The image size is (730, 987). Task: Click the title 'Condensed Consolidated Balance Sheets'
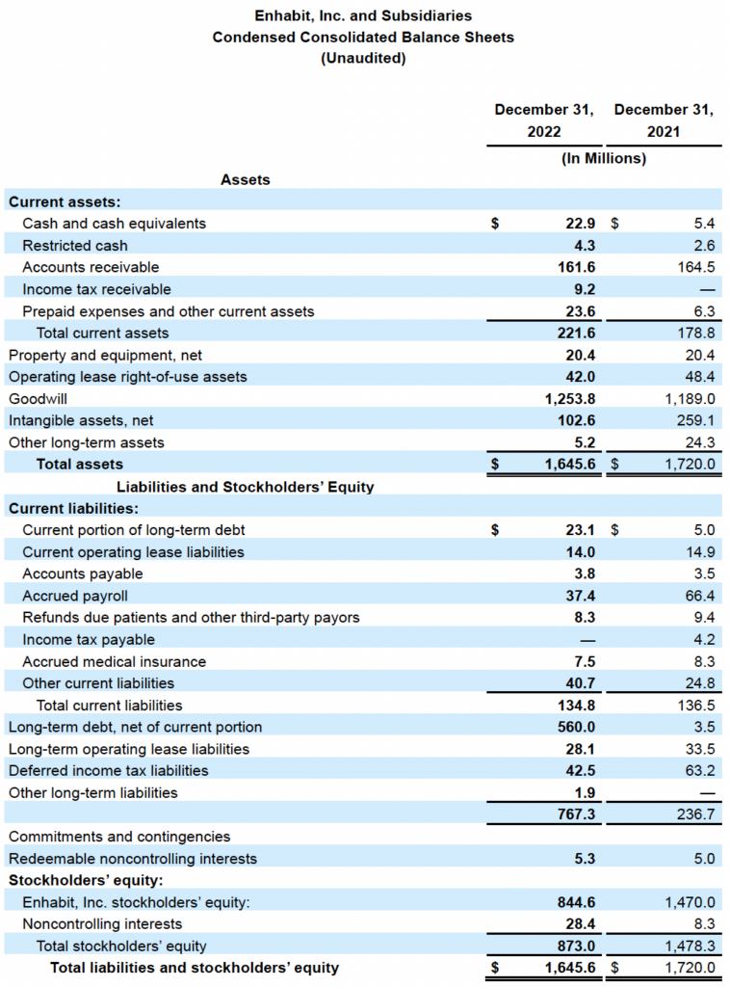(x=363, y=38)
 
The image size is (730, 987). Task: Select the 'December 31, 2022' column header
(x=544, y=120)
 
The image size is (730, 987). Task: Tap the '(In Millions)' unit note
(x=604, y=158)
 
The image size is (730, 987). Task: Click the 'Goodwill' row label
(x=38, y=398)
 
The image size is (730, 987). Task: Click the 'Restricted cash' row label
(x=75, y=246)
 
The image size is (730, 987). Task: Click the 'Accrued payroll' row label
(x=75, y=596)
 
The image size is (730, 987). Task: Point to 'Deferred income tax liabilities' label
(x=108, y=771)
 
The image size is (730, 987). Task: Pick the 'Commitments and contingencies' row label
(x=119, y=837)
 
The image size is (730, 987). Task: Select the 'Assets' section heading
(x=246, y=179)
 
